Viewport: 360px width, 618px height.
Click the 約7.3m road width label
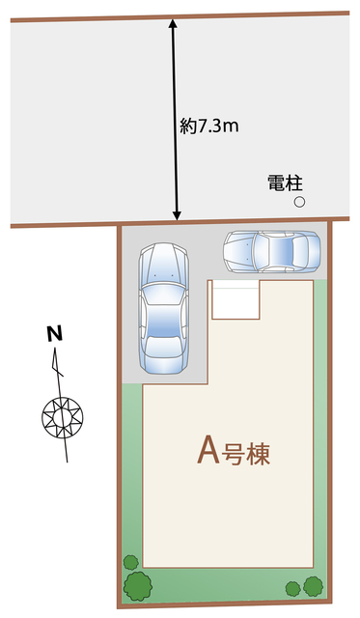[209, 126]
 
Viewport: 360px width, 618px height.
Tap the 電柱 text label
[285, 182]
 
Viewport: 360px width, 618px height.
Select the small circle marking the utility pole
[299, 202]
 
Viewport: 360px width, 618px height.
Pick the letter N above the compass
[55, 335]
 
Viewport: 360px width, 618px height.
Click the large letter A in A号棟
[206, 451]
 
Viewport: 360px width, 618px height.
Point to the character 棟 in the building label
[256, 453]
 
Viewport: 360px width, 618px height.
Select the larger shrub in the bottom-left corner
[138, 584]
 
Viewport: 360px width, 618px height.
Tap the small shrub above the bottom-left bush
[129, 562]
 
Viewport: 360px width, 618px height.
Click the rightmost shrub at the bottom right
[313, 585]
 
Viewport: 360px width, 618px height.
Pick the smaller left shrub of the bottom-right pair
[292, 587]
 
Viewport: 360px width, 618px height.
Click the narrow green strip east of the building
[319, 425]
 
